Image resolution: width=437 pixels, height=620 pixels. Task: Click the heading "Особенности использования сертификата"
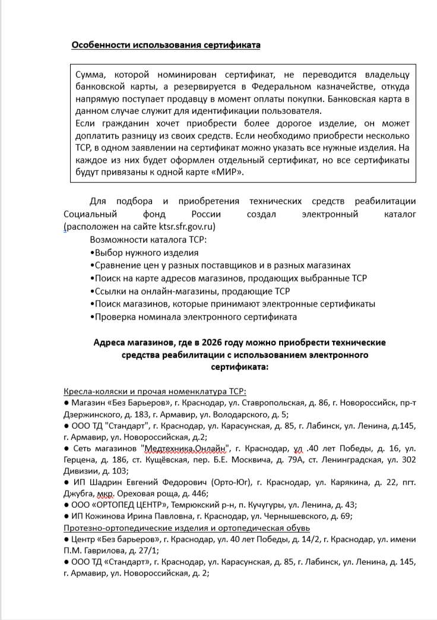[166, 45]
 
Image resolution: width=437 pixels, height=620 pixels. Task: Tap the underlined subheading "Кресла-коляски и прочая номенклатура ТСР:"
[154, 391]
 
